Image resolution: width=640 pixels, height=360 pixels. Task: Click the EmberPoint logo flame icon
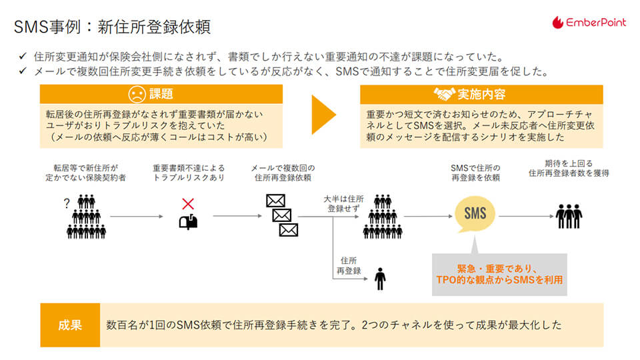point(558,22)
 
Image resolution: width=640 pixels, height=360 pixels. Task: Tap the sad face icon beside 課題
point(136,95)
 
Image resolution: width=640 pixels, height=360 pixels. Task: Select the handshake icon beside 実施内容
point(444,95)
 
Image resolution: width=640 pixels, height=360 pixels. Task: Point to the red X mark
point(189,203)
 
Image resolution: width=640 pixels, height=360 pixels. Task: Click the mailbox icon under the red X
point(189,223)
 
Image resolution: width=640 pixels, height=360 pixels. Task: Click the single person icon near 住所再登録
point(380,278)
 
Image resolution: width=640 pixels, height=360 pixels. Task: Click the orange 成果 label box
point(70,325)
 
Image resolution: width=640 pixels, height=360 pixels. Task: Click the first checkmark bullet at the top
point(23,57)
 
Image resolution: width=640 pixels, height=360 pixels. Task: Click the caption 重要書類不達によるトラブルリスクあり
point(189,173)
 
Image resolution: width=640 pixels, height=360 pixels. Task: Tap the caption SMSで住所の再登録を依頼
point(475,173)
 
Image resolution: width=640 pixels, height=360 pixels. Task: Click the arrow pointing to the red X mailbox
point(136,216)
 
